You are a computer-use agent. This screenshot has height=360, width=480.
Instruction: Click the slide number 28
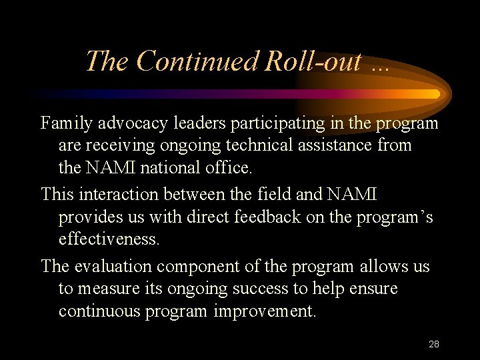coord(434,344)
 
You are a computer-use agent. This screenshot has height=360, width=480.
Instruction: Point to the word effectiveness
coord(109,239)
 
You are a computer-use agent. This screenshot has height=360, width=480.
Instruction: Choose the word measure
coord(109,289)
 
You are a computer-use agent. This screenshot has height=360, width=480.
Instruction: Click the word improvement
coord(265,311)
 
